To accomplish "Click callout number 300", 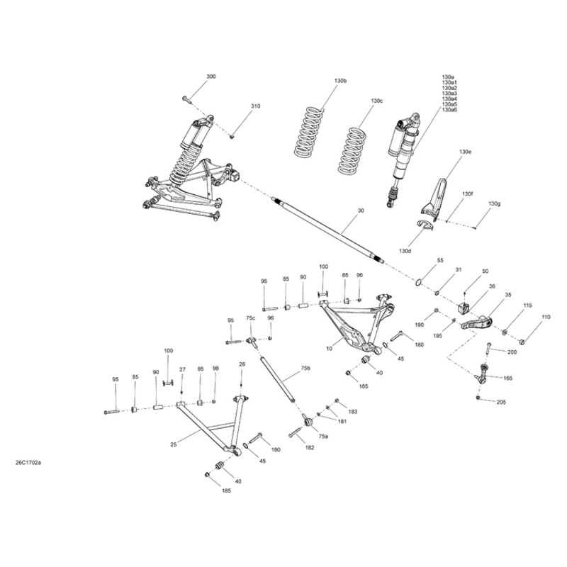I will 211,77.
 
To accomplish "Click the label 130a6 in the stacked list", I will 449,111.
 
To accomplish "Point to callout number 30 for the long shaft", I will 361,211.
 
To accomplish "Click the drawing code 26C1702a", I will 28,464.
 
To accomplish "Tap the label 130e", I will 465,152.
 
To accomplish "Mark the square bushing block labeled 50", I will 464,308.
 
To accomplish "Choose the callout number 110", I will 545,317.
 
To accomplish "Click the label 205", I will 501,402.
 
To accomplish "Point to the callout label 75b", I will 305,369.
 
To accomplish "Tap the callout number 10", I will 329,349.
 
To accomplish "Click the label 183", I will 352,412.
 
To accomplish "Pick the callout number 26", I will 242,364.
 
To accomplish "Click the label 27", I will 182,369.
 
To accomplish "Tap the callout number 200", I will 512,352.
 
